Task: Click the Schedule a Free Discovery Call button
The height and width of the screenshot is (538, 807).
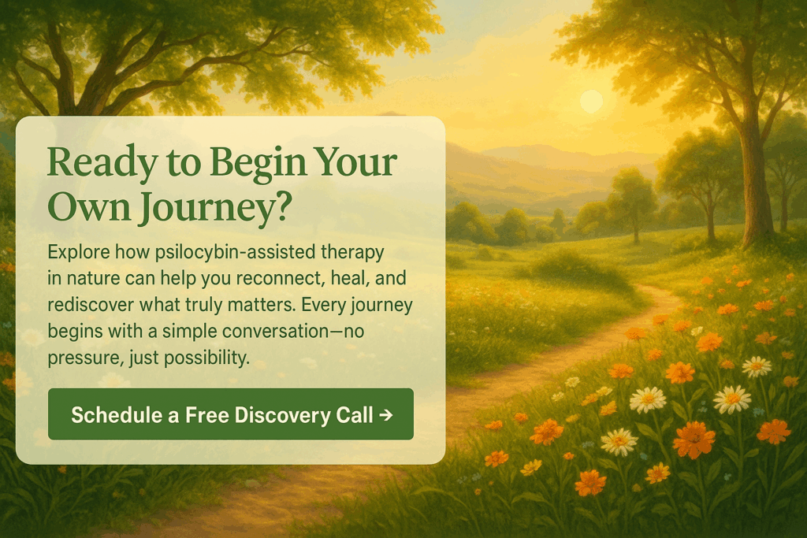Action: pyautogui.click(x=230, y=414)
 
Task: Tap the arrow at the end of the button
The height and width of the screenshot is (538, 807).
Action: pyautogui.click(x=385, y=414)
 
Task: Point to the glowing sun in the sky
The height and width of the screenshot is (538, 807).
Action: pyautogui.click(x=591, y=101)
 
